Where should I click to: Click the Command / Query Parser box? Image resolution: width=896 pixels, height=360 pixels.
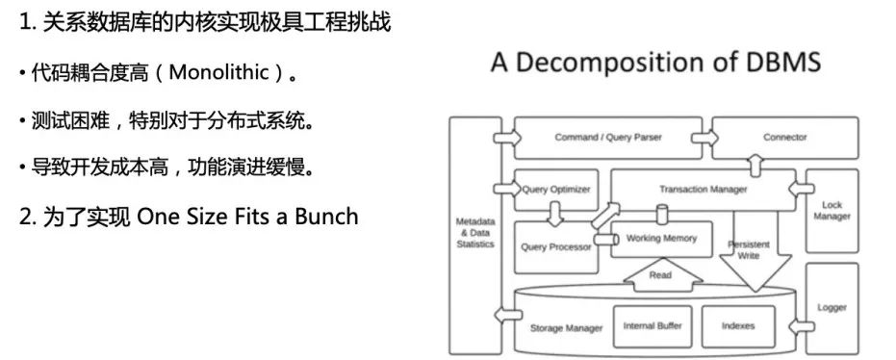coord(608,138)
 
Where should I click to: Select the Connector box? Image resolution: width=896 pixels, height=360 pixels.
coord(784,138)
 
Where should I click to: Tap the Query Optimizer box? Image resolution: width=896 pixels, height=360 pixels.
coord(555,190)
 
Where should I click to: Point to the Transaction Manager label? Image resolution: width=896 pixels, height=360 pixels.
coord(703,190)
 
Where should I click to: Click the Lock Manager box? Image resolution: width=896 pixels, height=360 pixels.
coord(832,211)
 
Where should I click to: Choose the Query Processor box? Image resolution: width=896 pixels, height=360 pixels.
coord(555,246)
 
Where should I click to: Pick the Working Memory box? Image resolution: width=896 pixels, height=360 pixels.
coord(661,238)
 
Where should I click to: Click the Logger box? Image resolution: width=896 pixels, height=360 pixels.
coord(832,308)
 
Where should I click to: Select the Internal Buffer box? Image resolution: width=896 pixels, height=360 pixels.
coord(652,326)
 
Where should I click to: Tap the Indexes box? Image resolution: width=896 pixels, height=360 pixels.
coord(737,326)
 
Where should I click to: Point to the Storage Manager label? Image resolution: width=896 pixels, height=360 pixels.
coord(566,328)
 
